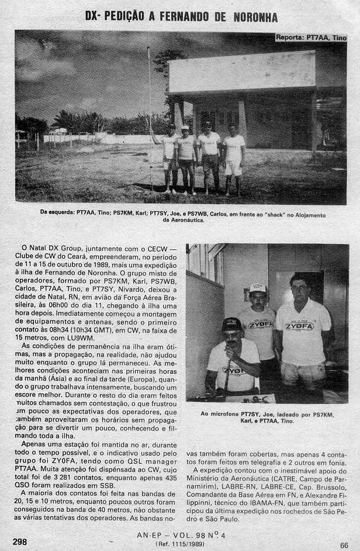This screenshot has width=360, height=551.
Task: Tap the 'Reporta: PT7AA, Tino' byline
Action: pos(310,37)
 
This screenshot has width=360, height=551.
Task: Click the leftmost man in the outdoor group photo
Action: pos(170,155)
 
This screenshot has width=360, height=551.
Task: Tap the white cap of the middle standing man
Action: pos(257,288)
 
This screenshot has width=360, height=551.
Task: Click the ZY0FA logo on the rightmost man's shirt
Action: pos(299,326)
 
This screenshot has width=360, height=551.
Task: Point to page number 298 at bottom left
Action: pos(20,541)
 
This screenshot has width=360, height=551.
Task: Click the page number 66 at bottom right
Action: pos(344,545)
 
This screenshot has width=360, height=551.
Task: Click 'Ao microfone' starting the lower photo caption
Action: pos(221,414)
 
